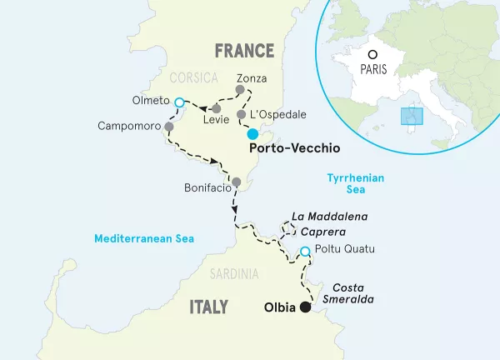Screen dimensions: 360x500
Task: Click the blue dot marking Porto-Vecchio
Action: point(252,132)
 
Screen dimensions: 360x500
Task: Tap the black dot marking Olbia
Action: point(305,307)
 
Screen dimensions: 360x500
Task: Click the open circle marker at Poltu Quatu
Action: point(305,252)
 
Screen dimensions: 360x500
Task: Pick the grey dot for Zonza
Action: point(240,90)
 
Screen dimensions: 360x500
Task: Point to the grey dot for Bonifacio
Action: point(236,182)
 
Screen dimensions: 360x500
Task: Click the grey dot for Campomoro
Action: point(169,127)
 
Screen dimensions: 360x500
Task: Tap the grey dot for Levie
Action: point(216,108)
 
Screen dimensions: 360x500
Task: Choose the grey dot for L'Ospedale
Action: point(241,115)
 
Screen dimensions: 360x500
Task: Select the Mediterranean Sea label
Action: point(144,238)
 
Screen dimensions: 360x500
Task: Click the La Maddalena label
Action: point(333,217)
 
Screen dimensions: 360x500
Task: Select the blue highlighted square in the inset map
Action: point(408,116)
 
